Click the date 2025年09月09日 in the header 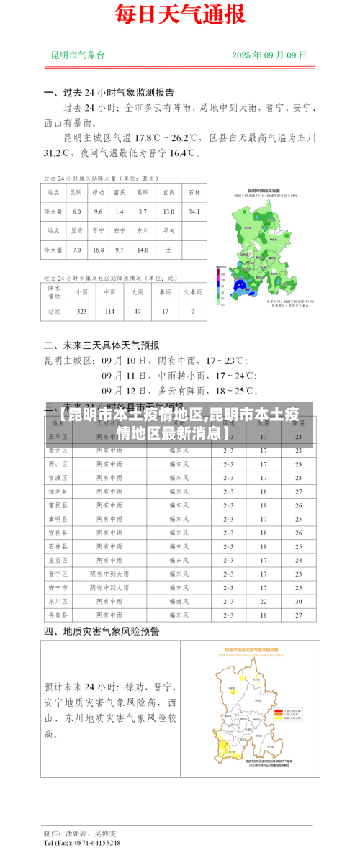coord(269,55)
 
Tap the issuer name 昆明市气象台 coord(78,55)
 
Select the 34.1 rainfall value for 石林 coord(194,212)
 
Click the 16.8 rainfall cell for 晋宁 coord(99,250)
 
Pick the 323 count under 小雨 coord(81,312)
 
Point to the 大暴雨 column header coord(192,292)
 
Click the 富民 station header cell coord(120,192)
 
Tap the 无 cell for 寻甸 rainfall coord(168,250)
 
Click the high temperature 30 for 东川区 coord(298,601)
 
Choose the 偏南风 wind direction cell coord(179,601)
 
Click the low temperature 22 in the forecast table coord(264,601)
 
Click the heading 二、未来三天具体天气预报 coord(102,345)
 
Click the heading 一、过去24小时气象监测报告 coord(109,93)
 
